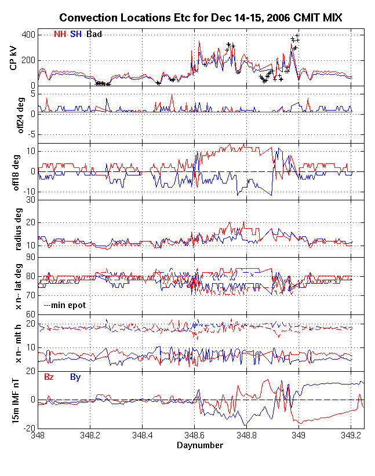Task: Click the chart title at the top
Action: (201, 19)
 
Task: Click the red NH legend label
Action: (59, 35)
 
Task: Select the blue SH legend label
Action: (76, 35)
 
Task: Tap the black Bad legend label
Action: (94, 35)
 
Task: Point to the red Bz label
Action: (50, 377)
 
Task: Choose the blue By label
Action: (75, 377)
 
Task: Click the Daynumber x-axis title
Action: (200, 445)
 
